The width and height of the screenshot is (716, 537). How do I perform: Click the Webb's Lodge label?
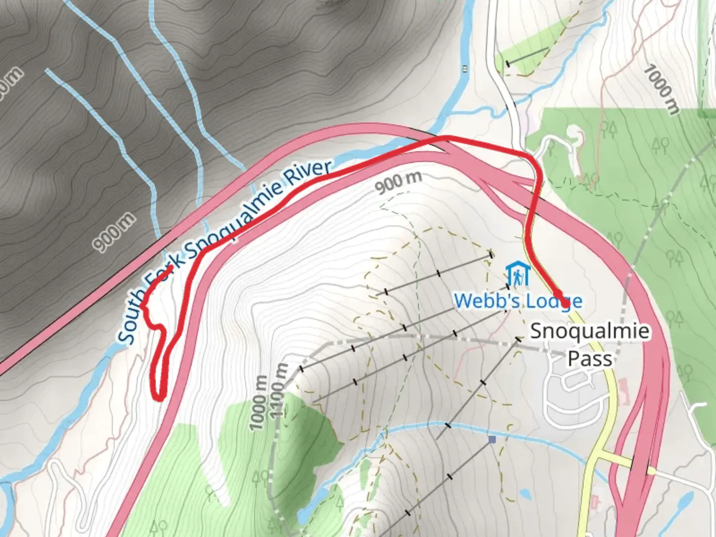[x=518, y=300]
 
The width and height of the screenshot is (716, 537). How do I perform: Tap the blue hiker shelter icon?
[x=518, y=274]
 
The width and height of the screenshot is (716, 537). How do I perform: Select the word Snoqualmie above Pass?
[x=590, y=331]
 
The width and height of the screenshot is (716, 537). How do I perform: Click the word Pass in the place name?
[x=590, y=358]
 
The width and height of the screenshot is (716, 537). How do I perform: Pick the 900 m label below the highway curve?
[x=399, y=182]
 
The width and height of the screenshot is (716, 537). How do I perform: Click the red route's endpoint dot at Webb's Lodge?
[x=565, y=301]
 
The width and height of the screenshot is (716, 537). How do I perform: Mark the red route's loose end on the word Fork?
[x=171, y=268]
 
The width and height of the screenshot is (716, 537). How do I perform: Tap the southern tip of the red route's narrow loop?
[x=159, y=397]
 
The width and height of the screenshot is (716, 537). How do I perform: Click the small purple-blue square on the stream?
[x=492, y=440]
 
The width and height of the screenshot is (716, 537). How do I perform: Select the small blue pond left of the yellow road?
[x=525, y=494]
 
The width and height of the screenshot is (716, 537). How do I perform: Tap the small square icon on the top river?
[x=464, y=69]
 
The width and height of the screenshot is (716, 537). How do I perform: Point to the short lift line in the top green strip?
[x=528, y=56]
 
